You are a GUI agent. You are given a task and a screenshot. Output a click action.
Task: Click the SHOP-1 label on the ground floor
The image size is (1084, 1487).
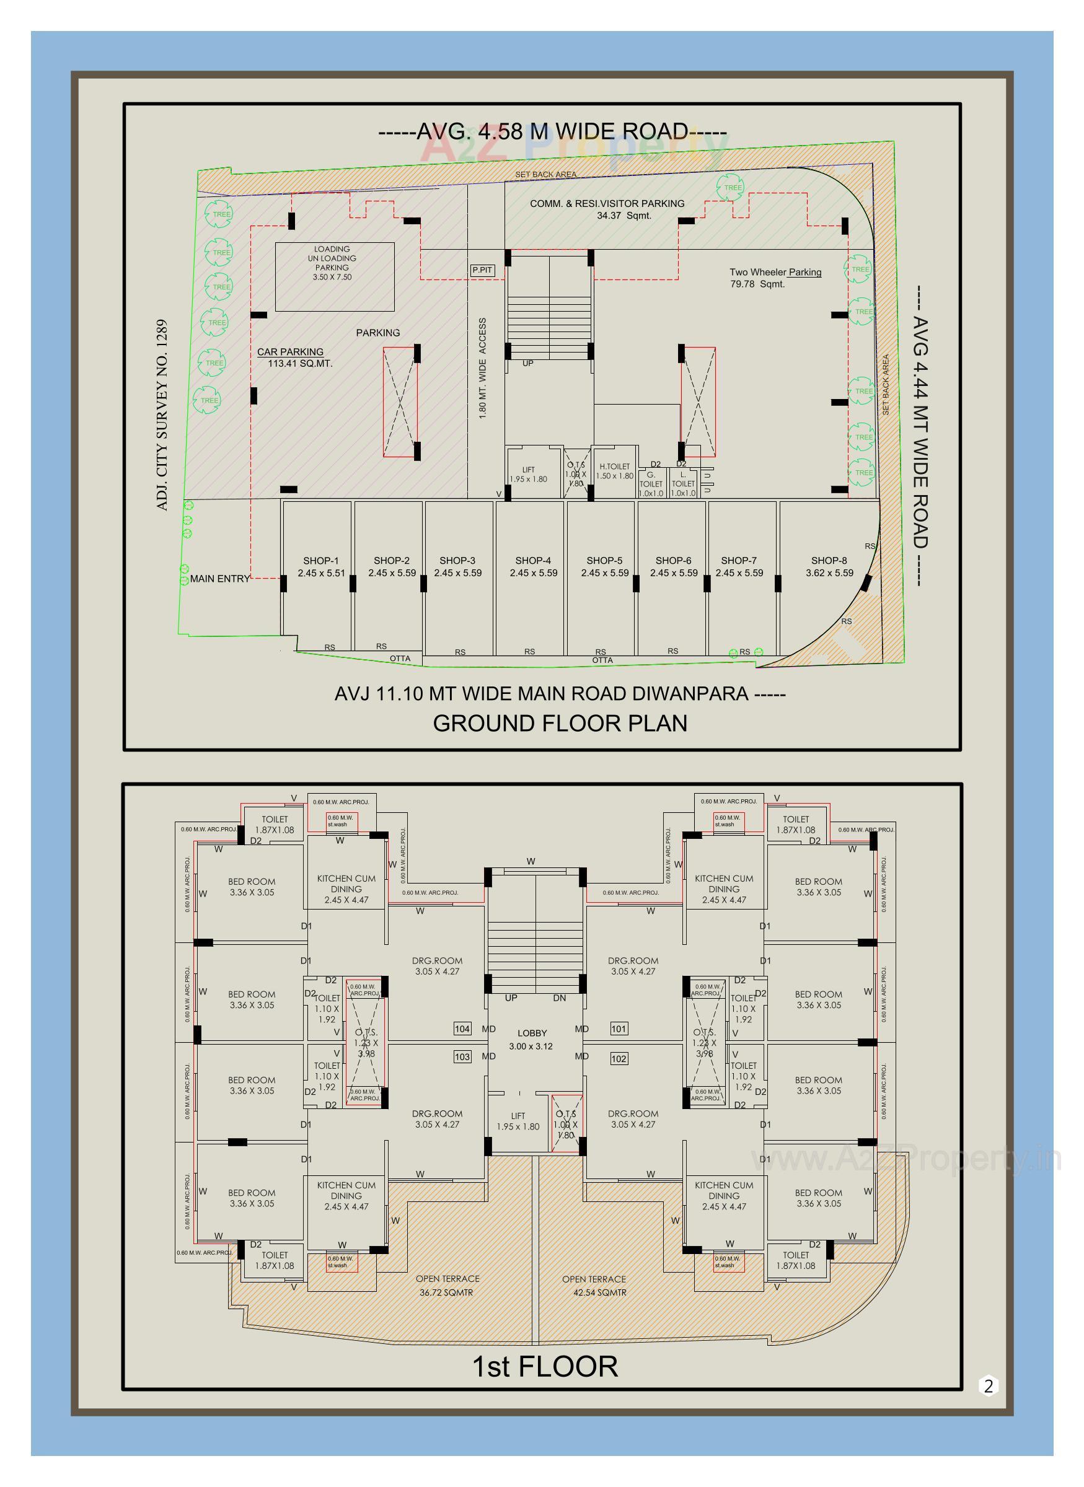coord(321,567)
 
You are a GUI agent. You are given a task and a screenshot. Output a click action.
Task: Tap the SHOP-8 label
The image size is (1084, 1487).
coord(829,567)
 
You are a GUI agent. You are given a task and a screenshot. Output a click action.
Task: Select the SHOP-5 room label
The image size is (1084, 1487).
coord(604,567)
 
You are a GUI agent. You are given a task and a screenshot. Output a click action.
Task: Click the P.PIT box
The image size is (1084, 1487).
coord(482,270)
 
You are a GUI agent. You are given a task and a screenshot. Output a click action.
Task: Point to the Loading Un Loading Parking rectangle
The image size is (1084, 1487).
coord(334,276)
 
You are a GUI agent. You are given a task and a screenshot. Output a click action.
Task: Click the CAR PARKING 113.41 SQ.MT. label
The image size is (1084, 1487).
coord(294,357)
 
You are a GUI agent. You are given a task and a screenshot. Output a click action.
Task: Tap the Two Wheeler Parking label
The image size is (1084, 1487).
coord(774,278)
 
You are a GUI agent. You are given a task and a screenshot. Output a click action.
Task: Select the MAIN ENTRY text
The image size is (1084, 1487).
coord(220,579)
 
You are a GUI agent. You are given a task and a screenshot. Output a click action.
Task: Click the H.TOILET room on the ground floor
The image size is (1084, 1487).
coord(614,471)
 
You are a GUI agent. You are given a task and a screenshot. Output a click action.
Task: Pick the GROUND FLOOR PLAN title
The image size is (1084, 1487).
coord(560,724)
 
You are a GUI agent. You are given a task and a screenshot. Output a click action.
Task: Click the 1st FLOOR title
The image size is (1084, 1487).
coord(545,1367)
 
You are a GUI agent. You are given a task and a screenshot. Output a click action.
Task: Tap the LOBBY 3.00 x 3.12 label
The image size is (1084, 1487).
coord(532,1040)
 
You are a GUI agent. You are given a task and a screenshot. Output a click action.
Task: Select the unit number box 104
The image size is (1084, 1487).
coord(462,1029)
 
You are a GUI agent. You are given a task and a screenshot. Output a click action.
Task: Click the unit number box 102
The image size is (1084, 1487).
coord(619,1059)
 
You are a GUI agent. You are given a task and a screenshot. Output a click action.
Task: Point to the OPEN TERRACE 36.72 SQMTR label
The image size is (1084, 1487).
coord(447,1286)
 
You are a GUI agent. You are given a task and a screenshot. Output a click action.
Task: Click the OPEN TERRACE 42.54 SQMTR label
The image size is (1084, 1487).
coord(594,1286)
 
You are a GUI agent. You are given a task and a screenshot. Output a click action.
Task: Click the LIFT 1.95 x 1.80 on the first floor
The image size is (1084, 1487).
coord(518,1121)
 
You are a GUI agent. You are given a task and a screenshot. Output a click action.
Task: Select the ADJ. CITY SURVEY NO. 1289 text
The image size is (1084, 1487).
coord(163,415)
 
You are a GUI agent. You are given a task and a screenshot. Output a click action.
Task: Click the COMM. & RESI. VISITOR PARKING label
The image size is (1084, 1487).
coord(607,209)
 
